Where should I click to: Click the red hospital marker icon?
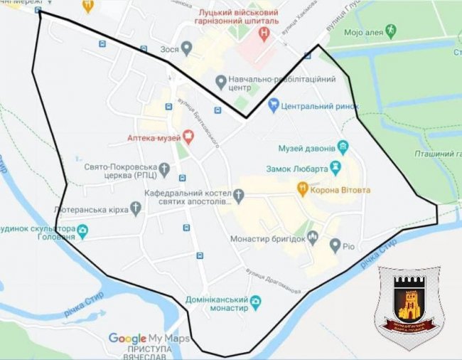click(264, 32)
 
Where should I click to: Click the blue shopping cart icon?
click(273, 105)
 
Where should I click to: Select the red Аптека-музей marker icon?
click(188, 135)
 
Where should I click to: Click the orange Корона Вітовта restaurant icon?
click(302, 189)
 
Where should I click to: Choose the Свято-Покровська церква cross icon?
click(164, 169)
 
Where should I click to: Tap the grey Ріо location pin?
click(335, 245)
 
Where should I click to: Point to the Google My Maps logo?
click(149, 339)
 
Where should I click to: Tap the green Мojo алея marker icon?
click(390, 31)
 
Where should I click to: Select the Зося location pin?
click(186, 48)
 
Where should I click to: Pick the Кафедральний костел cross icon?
click(240, 194)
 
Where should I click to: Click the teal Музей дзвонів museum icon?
click(343, 148)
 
